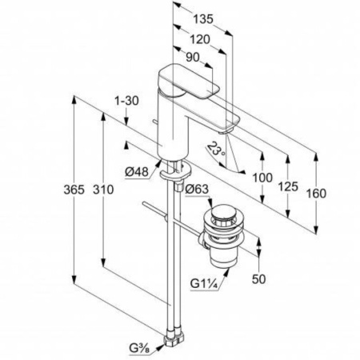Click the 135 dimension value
(x=203, y=18)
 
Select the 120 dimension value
(x=200, y=39)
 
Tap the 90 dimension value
(x=193, y=57)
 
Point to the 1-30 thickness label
(x=126, y=101)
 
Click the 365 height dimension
(x=74, y=190)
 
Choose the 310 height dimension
(x=103, y=190)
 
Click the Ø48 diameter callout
(x=137, y=172)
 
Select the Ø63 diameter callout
(x=197, y=189)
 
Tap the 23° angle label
(x=216, y=150)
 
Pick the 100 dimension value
(x=262, y=178)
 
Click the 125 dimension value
(x=288, y=186)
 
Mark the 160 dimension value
(x=316, y=194)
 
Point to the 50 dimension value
(x=258, y=279)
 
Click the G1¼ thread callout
(x=205, y=284)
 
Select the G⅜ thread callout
(x=139, y=349)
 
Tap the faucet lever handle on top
(x=188, y=81)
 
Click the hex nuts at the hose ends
(x=174, y=338)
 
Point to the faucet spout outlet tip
(x=226, y=131)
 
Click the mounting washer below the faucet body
(x=176, y=171)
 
